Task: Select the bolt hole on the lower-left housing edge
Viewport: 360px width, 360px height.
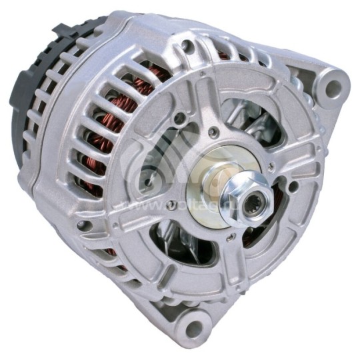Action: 83,225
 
